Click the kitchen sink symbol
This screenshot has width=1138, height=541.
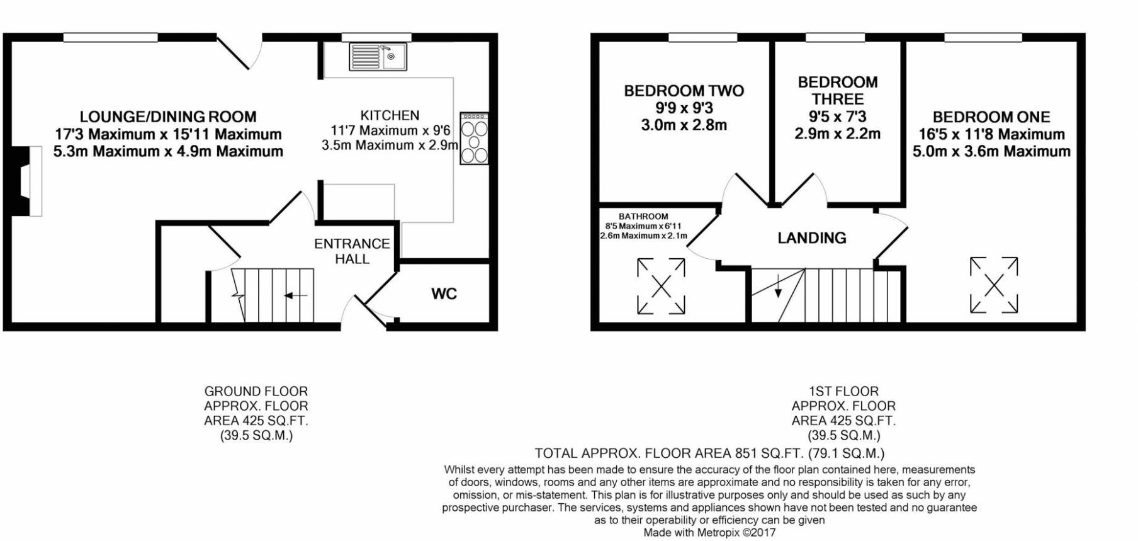point(378,57)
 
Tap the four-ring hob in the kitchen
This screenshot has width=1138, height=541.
point(474,139)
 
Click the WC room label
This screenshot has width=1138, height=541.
point(444,293)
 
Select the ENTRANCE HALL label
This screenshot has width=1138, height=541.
point(352,251)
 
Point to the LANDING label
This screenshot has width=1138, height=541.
point(811,237)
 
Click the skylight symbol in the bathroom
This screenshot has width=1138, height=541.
point(661,285)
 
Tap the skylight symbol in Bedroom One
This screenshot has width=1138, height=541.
point(993,285)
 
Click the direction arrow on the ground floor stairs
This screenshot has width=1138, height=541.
point(295,295)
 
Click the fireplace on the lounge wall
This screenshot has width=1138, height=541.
point(28,181)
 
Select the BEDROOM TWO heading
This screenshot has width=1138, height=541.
point(684,91)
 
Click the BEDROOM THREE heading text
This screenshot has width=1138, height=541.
point(837,91)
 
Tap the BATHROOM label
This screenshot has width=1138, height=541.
point(643,216)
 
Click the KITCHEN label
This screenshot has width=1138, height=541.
point(390,115)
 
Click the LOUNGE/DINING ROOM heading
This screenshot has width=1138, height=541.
point(168,117)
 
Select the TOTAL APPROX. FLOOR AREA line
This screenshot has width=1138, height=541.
point(709,453)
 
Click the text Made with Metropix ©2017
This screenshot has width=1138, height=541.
point(709,533)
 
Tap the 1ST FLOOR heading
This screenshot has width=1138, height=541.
point(843,391)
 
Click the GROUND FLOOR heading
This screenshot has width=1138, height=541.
point(256,391)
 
